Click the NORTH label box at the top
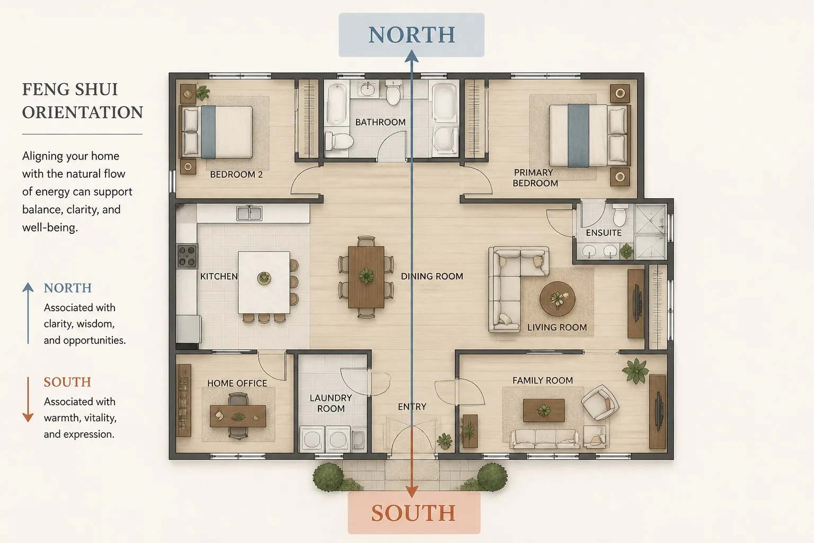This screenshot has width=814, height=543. (411, 35)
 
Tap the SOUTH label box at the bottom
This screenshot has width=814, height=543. (414, 513)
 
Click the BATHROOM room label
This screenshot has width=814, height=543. (381, 122)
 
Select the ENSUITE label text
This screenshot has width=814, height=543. (604, 233)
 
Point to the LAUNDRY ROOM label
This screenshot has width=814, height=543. (331, 404)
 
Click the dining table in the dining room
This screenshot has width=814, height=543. (366, 277)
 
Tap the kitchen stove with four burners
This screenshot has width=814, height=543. (188, 256)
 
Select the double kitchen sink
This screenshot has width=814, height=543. (249, 213)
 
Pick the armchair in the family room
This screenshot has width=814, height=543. (599, 402)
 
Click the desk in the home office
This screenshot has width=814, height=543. (237, 416)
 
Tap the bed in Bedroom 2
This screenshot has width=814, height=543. (217, 132)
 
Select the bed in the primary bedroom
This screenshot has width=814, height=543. (589, 135)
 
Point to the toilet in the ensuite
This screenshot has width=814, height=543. (620, 215)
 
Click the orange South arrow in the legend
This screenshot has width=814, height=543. (28, 399)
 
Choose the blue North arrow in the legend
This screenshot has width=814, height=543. (28, 313)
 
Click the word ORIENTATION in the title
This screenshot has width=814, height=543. (83, 112)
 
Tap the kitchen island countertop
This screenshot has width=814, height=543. (264, 283)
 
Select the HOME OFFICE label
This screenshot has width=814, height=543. (237, 383)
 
